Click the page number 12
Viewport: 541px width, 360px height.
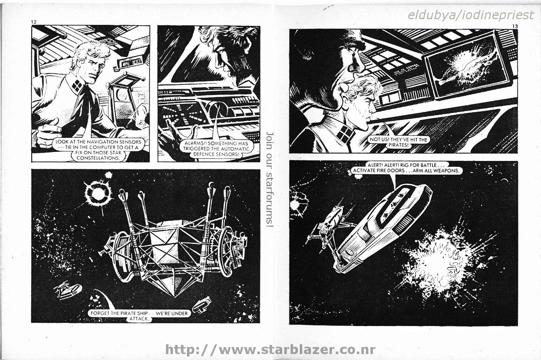pos(34,22)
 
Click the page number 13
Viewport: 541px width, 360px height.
pos(514,26)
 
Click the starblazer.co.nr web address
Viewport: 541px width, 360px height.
pos(270,350)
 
